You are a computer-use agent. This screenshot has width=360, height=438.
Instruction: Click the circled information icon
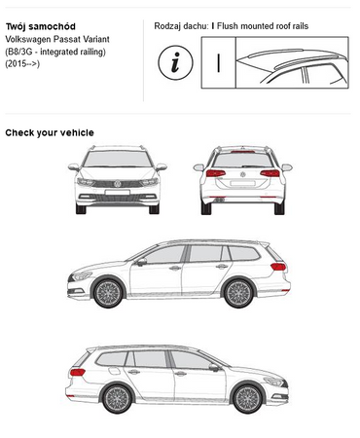(175, 62)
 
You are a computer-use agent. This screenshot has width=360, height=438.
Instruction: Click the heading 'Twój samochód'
(41, 26)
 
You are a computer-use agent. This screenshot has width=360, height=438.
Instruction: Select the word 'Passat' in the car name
(66, 39)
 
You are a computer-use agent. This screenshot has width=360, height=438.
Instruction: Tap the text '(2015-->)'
(22, 63)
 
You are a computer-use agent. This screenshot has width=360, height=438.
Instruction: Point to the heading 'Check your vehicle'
(50, 132)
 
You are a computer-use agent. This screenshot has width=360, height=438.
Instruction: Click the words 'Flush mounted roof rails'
(263, 26)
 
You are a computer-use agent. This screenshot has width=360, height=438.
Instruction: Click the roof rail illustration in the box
(292, 62)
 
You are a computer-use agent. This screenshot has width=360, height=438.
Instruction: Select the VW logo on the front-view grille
(118, 184)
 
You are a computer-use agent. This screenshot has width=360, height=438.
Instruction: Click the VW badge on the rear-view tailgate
(242, 174)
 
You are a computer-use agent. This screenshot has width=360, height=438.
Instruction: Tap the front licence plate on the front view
(118, 193)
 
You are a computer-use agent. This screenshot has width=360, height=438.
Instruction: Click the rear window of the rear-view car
(242, 161)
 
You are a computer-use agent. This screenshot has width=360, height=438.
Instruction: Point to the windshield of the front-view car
(118, 159)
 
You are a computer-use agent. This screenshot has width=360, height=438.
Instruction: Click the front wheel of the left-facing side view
(108, 293)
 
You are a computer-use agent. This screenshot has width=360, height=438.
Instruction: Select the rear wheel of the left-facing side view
(239, 293)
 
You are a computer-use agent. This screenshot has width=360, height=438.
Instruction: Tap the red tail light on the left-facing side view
(278, 267)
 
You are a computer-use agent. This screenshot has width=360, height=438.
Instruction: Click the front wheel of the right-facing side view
(248, 399)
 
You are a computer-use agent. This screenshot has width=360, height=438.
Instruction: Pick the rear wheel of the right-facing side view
(117, 399)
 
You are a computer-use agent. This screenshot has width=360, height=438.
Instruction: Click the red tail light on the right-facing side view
(78, 372)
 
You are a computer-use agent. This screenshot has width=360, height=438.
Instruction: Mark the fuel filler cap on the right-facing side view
(114, 371)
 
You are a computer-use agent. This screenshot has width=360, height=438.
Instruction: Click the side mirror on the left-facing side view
(141, 262)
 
